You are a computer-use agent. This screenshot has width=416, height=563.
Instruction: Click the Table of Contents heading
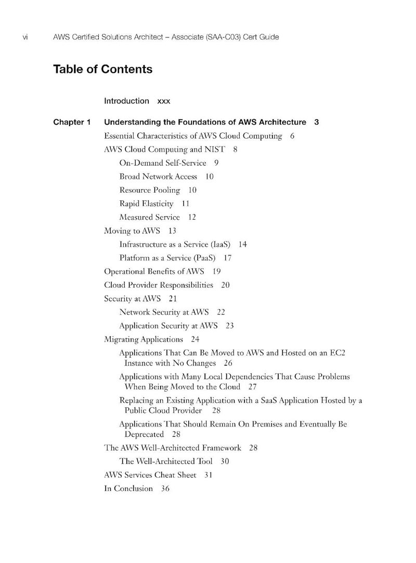(102, 69)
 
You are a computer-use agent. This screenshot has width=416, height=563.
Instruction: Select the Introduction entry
(126, 101)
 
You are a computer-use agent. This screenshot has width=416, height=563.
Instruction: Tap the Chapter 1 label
(72, 123)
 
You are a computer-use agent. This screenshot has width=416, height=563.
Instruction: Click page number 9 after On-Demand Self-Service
(216, 163)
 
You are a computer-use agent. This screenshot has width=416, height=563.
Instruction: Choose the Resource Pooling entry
(150, 190)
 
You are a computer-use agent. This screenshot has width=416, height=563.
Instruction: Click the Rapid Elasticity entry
(146, 204)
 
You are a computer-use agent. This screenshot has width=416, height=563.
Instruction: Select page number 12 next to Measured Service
(192, 217)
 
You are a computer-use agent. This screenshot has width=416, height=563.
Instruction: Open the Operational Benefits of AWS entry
(154, 271)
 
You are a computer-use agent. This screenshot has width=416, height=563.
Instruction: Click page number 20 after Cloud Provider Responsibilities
(225, 285)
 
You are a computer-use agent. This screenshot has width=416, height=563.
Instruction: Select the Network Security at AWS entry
(164, 312)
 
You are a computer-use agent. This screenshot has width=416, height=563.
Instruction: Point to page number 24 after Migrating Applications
(195, 340)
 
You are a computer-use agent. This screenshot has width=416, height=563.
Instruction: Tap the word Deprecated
(144, 434)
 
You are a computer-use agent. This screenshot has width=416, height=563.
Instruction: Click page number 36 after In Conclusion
(165, 489)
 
